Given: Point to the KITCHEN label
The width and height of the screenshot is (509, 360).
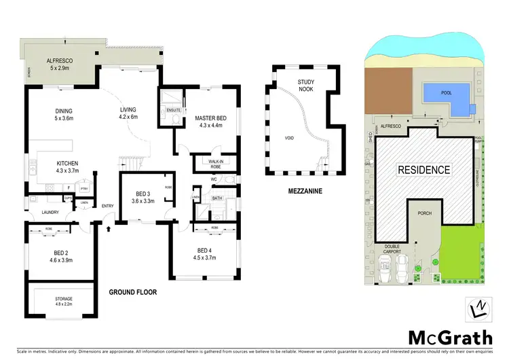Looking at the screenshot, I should pos(67,163).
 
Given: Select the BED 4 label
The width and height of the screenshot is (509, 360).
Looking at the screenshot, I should pos(204,249).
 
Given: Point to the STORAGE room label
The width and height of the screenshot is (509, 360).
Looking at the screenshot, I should pos(63,298).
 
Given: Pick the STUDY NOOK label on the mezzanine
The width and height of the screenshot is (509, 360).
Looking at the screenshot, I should pos(305,85).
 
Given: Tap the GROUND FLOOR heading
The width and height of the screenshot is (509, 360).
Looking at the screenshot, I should pos(133,293).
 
